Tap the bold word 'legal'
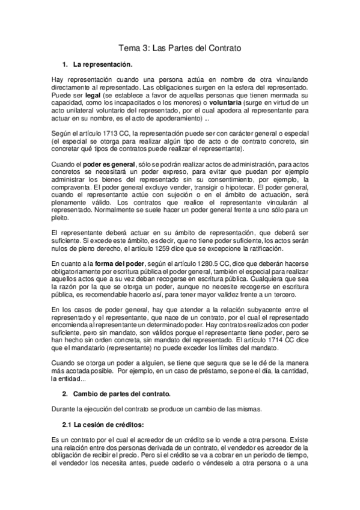click(x=93, y=95)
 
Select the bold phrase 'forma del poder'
click(x=103, y=263)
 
